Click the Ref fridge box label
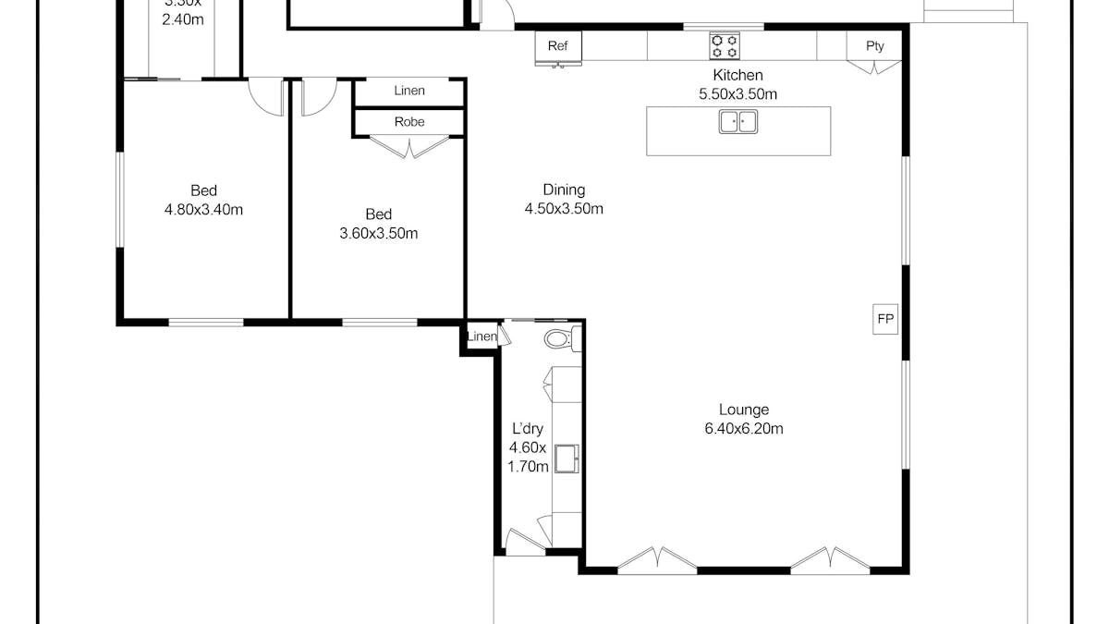(x=557, y=46)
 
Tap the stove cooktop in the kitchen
(x=724, y=45)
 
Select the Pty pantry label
(x=874, y=46)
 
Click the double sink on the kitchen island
(x=737, y=121)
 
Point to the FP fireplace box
(x=885, y=319)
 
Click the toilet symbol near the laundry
(x=560, y=339)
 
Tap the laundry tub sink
(x=566, y=457)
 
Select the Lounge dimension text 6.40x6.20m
(x=744, y=429)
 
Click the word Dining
(x=564, y=190)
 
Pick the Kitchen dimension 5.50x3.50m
(x=737, y=94)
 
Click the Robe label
(x=409, y=122)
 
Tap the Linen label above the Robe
(x=409, y=91)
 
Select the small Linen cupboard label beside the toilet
(x=481, y=336)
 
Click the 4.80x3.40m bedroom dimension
(x=203, y=210)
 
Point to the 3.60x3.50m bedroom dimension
(x=379, y=234)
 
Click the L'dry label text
(x=528, y=429)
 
